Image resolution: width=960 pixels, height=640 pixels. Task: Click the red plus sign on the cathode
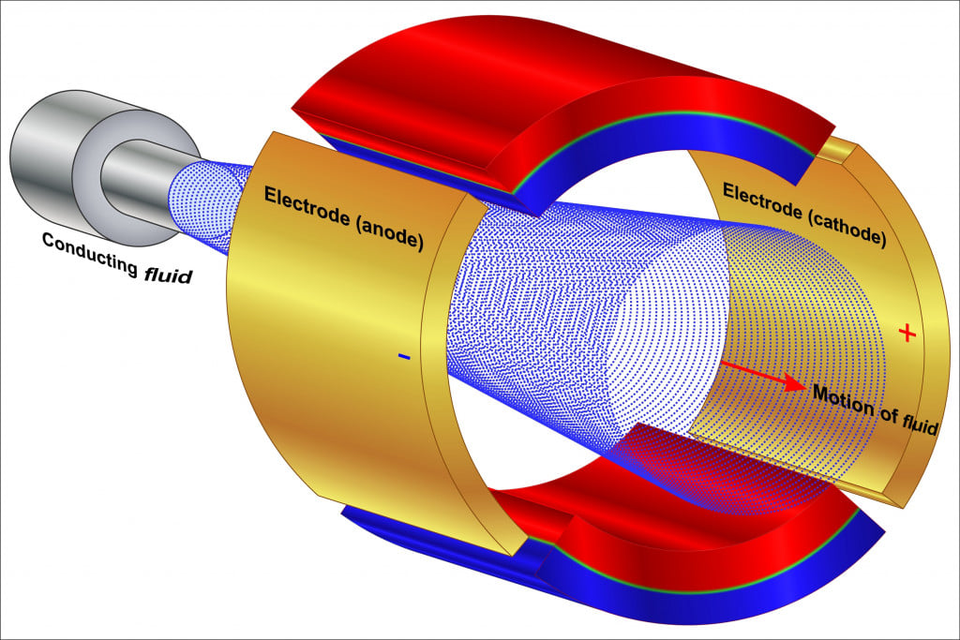[906, 332]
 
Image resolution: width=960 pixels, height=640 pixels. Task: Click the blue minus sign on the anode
[403, 356]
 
